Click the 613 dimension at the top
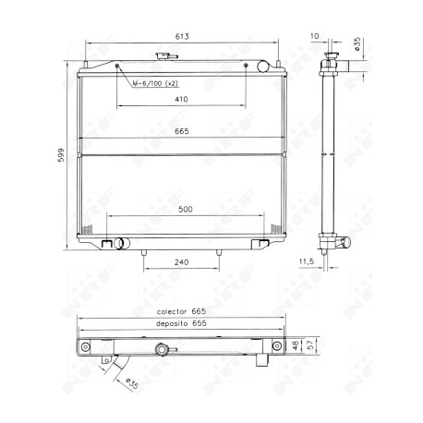(182, 37)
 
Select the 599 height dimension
(61, 155)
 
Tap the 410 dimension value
(181, 99)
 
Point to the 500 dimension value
(186, 210)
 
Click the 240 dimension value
(181, 262)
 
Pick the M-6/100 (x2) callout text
(155, 83)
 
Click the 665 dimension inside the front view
(182, 131)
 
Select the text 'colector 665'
(181, 311)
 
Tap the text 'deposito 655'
(181, 323)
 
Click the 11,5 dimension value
(307, 261)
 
